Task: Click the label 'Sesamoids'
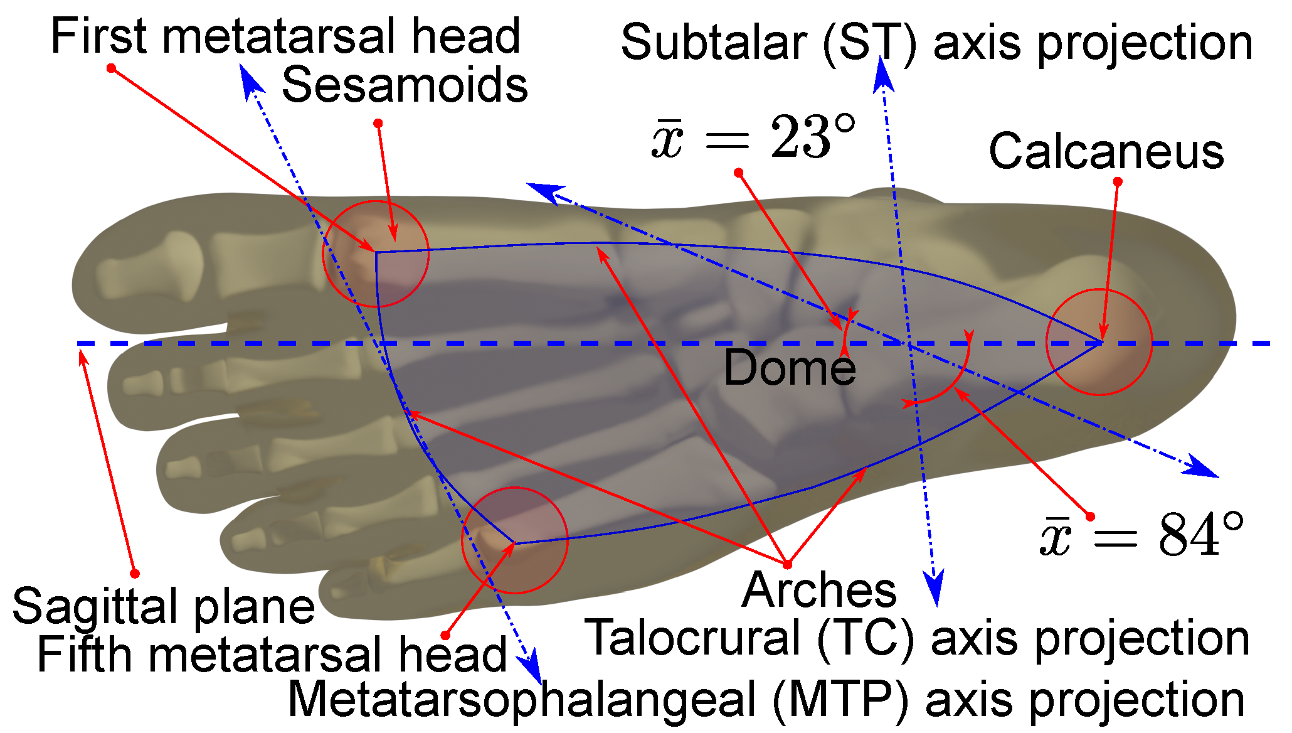[405, 85]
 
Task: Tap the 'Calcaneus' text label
[1106, 152]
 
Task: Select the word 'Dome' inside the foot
[790, 368]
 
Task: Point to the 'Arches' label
[819, 591]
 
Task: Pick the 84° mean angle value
[1141, 535]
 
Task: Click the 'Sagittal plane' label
[163, 607]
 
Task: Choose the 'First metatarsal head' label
[285, 36]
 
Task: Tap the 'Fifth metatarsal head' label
[272, 655]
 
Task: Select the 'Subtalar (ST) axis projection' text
[937, 43]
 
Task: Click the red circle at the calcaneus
[1099, 342]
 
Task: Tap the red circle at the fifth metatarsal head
[515, 540]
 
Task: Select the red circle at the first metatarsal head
[376, 254]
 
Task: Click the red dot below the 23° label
[738, 173]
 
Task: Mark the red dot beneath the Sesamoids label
[378, 123]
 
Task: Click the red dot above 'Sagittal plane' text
[135, 574]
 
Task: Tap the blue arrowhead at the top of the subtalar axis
[883, 74]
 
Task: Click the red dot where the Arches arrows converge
[787, 564]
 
